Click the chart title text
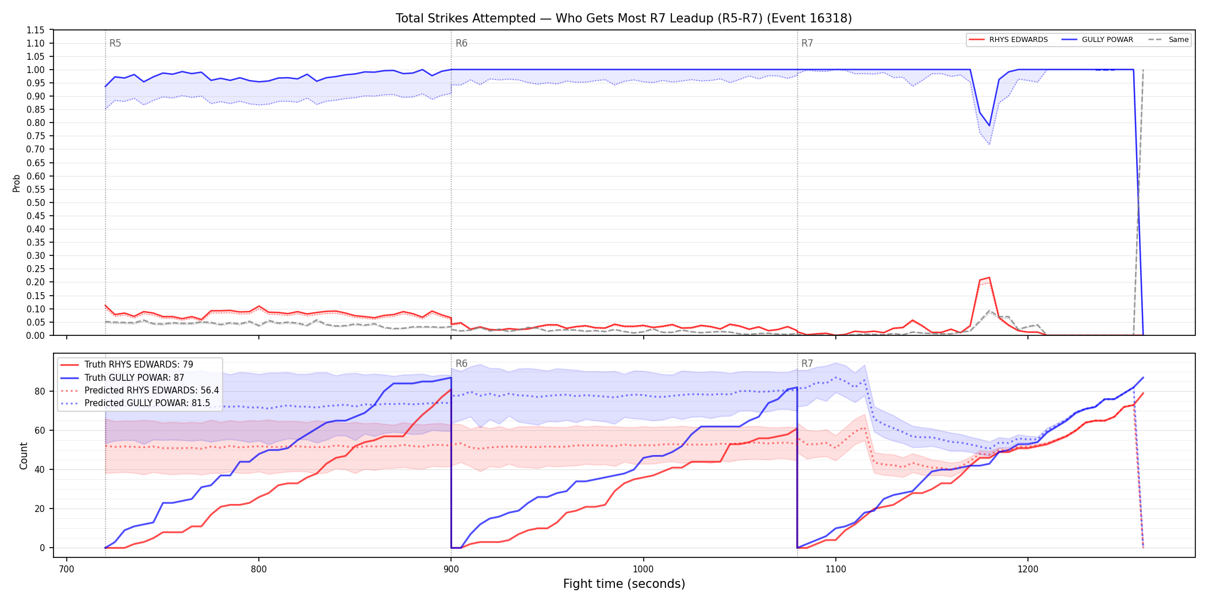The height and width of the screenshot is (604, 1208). pos(624,18)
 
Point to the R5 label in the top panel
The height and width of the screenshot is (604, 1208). pos(115,43)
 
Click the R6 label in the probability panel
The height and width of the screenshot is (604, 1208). pos(461,43)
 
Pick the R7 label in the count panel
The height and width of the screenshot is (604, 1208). pos(807,364)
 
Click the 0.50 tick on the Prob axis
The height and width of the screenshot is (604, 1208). pos(35,202)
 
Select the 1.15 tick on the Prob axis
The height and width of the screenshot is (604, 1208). pos(35,30)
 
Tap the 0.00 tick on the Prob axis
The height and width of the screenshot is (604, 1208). pos(35,335)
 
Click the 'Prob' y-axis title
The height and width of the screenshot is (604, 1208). pos(17,183)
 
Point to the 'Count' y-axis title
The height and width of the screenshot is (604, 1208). pos(24,456)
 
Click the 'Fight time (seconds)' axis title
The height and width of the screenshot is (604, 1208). pos(624,584)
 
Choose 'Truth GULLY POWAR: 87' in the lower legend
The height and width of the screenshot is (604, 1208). pos(134,377)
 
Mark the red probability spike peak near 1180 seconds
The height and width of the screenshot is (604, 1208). pos(989,277)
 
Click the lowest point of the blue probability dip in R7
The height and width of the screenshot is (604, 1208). pos(989,125)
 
